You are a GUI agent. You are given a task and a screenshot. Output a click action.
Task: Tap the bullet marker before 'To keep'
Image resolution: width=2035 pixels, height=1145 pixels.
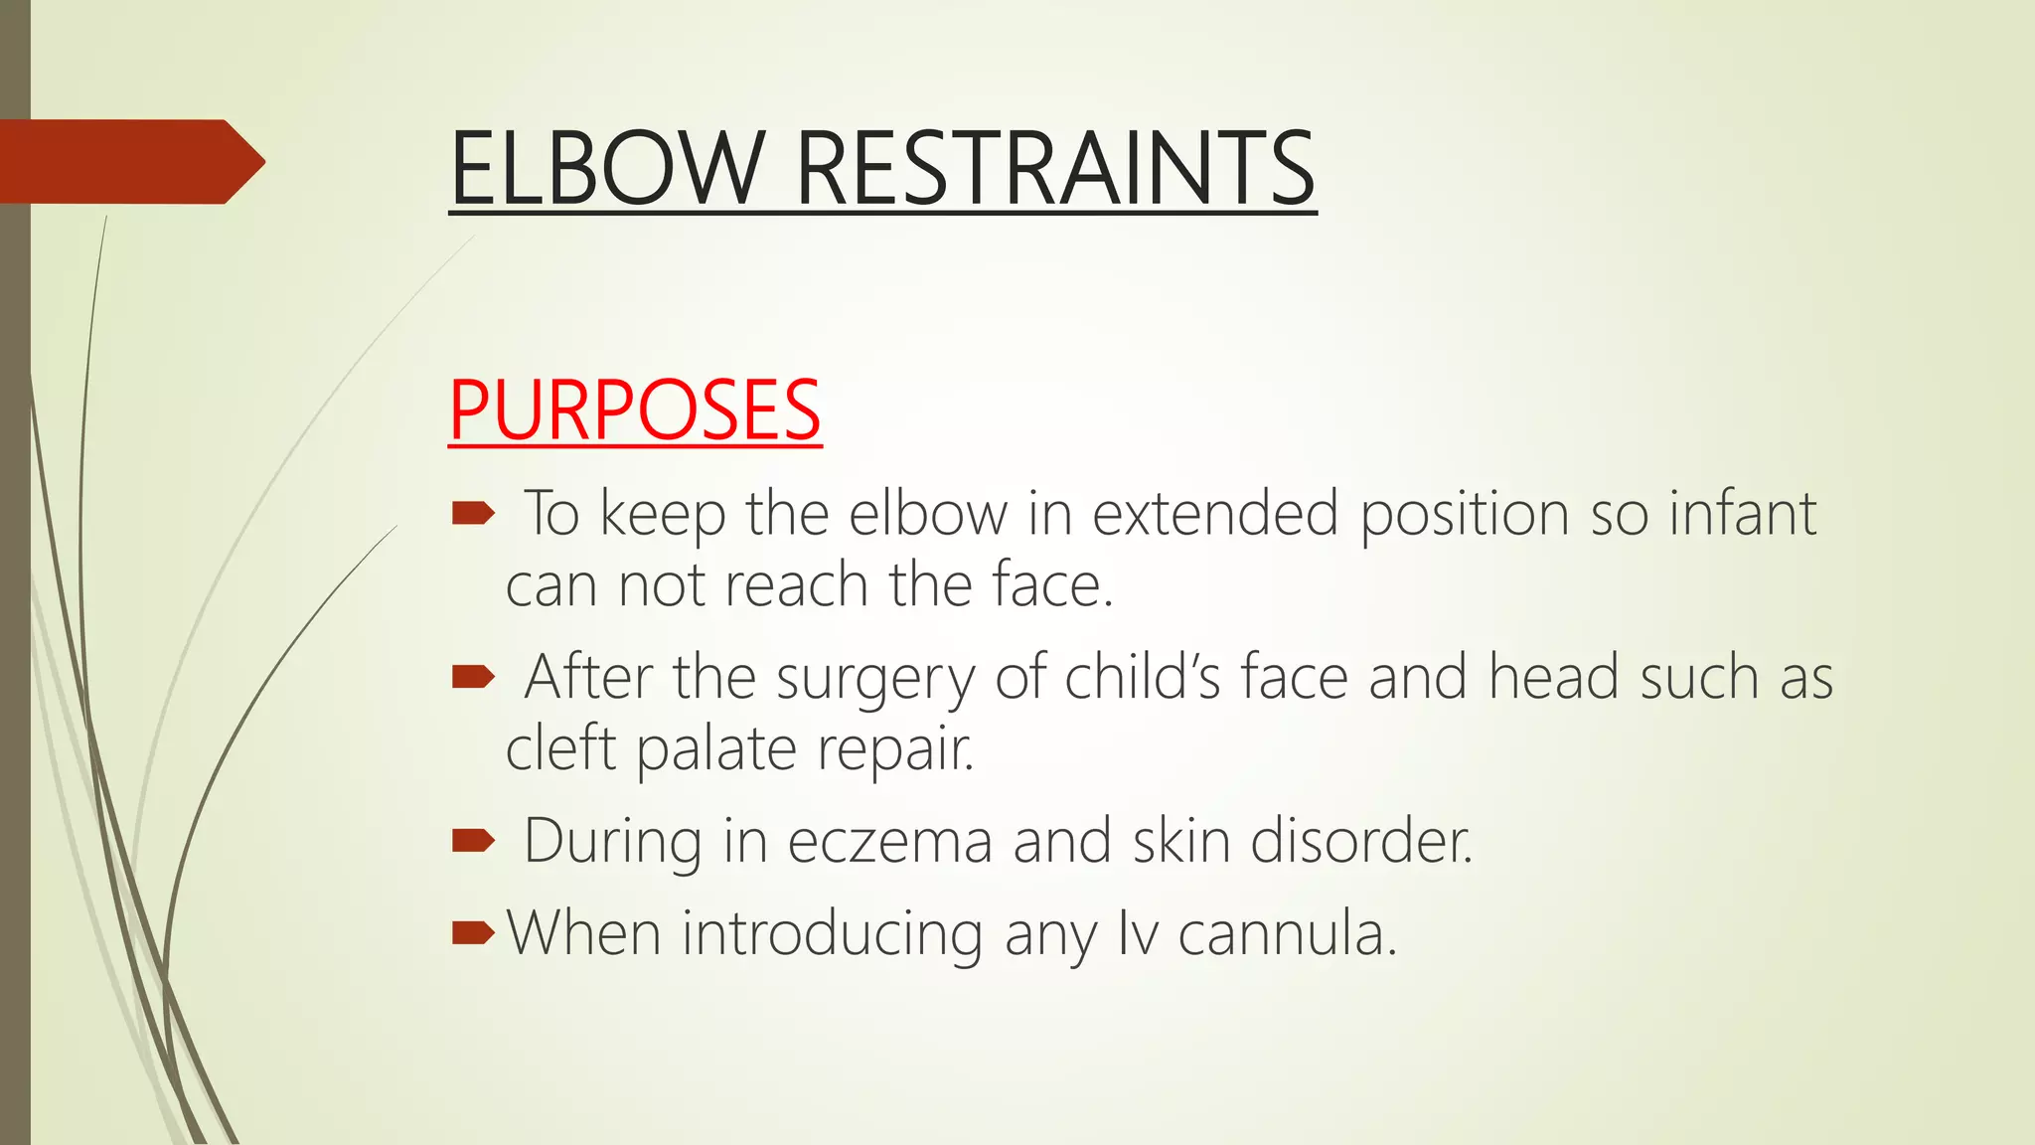coord(473,513)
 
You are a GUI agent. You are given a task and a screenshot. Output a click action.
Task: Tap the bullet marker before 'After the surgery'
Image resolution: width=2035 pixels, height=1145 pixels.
coord(473,678)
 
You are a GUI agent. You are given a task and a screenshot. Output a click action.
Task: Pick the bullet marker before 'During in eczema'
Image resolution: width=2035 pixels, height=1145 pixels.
coord(473,842)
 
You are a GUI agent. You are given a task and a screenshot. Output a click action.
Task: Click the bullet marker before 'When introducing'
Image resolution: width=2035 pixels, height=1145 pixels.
coord(473,933)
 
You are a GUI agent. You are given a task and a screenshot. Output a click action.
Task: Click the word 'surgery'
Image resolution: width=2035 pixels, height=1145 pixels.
coord(875,680)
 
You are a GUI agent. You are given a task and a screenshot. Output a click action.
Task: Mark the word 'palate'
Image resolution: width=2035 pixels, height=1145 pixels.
coord(716,750)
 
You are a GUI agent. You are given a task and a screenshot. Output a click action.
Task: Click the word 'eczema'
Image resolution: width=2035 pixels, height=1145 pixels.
coord(890,842)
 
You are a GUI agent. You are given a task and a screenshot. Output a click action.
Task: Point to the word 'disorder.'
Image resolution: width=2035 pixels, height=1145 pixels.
coord(1360,842)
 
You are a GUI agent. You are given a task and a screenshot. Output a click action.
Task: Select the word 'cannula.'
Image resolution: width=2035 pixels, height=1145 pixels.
coord(1287,934)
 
